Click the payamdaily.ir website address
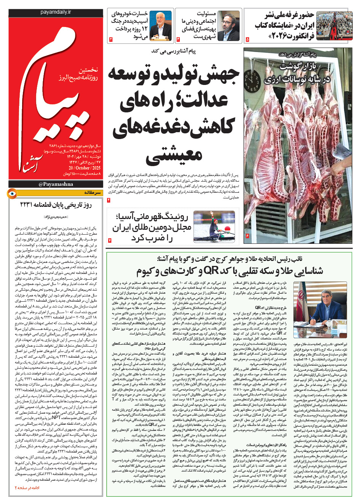pos(56,12)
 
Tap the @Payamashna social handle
pos(56,184)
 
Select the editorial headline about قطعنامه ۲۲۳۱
pos(56,205)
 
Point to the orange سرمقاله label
pos(93,193)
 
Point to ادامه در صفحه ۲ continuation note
pos(27,487)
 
